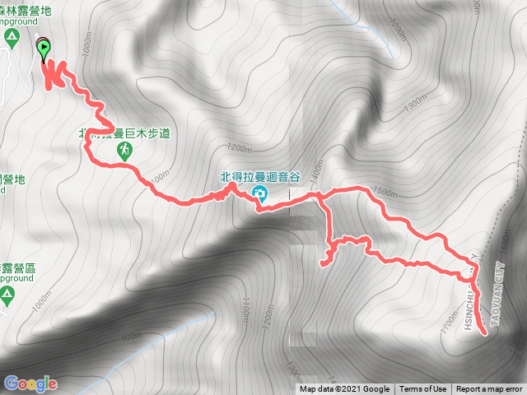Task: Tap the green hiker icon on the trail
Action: pos(124,151)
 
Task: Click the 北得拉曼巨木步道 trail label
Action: pos(124,132)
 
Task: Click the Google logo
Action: pos(30,383)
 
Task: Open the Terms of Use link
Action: pos(422,389)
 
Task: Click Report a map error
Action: pos(489,389)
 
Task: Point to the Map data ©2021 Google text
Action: pos(344,389)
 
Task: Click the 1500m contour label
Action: pos(385,192)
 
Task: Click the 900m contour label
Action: pos(132,336)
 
